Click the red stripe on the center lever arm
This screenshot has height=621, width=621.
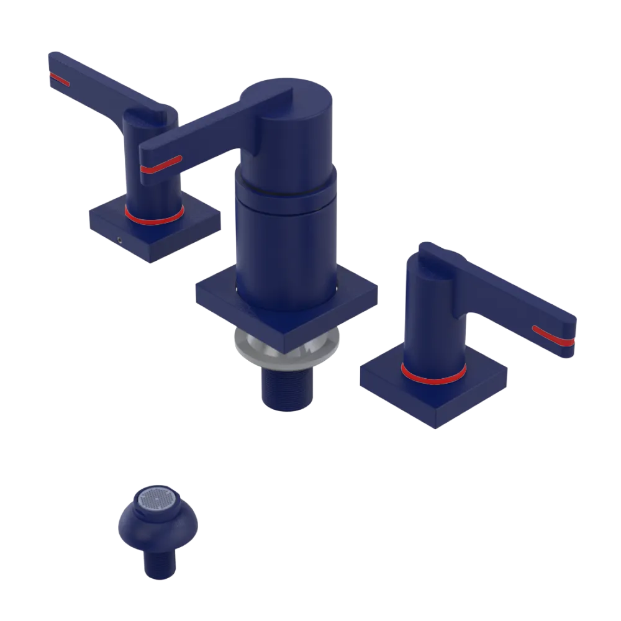click(x=160, y=164)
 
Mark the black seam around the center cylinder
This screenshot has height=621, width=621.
click(x=286, y=187)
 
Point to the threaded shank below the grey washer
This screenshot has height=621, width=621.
click(x=287, y=388)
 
